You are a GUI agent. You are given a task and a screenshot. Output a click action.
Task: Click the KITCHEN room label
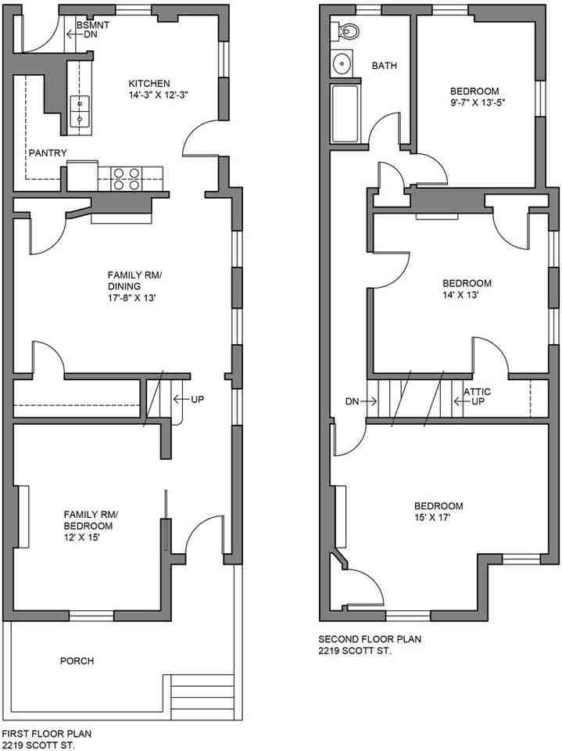click(149, 84)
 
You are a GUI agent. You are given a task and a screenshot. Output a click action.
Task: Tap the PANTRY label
click(48, 153)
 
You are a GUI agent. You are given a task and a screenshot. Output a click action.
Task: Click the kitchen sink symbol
click(80, 110)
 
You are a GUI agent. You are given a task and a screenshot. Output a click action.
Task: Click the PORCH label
click(77, 661)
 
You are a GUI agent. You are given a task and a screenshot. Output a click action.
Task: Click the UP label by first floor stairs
click(198, 399)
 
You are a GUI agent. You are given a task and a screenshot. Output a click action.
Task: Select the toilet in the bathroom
click(349, 32)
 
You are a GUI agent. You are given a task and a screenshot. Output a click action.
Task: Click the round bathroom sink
click(342, 63)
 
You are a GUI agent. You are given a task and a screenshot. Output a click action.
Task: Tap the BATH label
click(384, 66)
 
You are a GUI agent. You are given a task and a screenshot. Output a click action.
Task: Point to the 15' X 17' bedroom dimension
click(439, 517)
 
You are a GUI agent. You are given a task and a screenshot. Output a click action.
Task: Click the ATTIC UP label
click(477, 397)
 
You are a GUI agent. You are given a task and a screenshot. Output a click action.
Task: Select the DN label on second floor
click(353, 401)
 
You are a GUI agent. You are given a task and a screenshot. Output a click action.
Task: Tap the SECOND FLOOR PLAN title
click(370, 638)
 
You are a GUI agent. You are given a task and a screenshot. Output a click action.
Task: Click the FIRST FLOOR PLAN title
click(46, 734)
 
